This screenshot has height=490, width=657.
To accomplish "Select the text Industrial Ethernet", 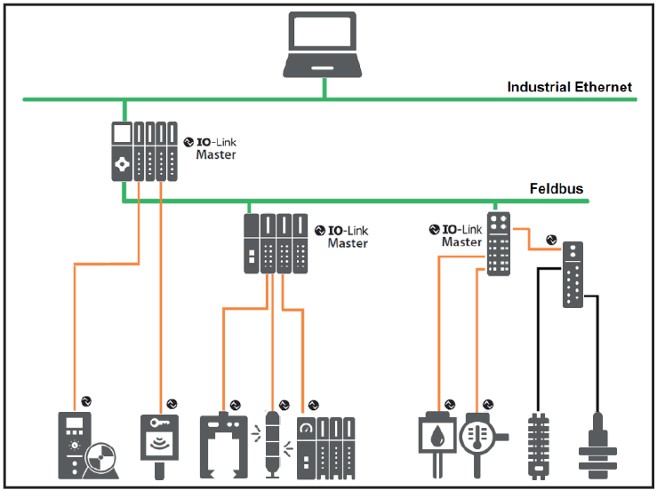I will (x=570, y=87).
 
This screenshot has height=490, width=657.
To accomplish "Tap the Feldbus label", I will (x=557, y=189).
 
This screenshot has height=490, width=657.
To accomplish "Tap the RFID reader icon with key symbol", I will (x=161, y=438).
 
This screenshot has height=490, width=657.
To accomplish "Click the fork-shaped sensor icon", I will (x=219, y=439).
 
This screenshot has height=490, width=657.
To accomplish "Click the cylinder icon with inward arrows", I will (x=272, y=441).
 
